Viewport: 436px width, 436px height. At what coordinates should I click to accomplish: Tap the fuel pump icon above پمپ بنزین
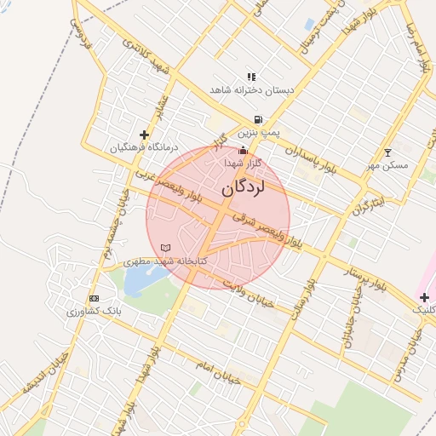pos(257,120)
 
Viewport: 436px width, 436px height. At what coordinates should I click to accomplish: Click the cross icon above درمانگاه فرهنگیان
pos(144,135)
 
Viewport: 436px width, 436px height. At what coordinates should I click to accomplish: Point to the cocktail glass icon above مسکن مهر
pos(388,152)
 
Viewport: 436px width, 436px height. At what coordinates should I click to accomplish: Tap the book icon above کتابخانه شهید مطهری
pos(165,248)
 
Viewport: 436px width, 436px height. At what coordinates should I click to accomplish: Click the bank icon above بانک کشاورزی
pos(94,299)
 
